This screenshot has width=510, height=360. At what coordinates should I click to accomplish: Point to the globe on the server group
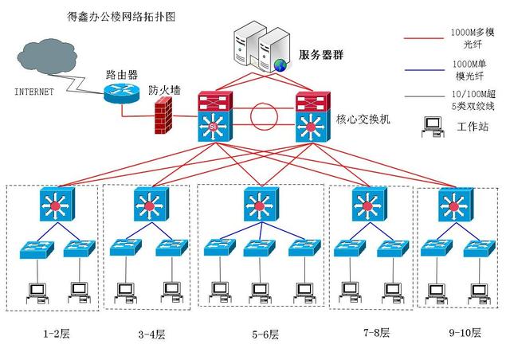point(279,65)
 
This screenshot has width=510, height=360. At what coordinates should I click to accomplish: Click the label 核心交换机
point(364,119)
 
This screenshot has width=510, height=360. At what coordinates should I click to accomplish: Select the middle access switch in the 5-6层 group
point(257,247)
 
